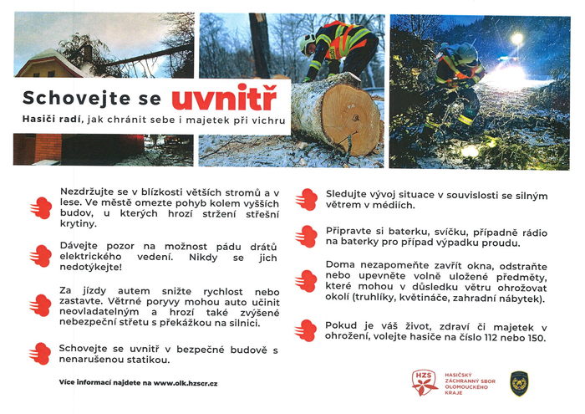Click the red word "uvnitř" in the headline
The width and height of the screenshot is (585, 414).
tap(224, 99)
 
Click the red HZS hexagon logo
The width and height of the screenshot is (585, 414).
tap(425, 383)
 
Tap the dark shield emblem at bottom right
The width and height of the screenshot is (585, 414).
tap(519, 382)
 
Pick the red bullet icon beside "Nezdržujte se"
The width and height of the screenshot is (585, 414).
tap(39, 207)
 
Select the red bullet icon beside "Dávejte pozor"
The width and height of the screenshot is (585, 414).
tap(39, 254)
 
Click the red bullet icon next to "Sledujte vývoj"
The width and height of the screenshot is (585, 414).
tap(306, 199)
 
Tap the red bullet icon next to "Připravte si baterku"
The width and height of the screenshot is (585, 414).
tap(306, 236)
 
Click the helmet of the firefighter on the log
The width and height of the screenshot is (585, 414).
tap(307, 39)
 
